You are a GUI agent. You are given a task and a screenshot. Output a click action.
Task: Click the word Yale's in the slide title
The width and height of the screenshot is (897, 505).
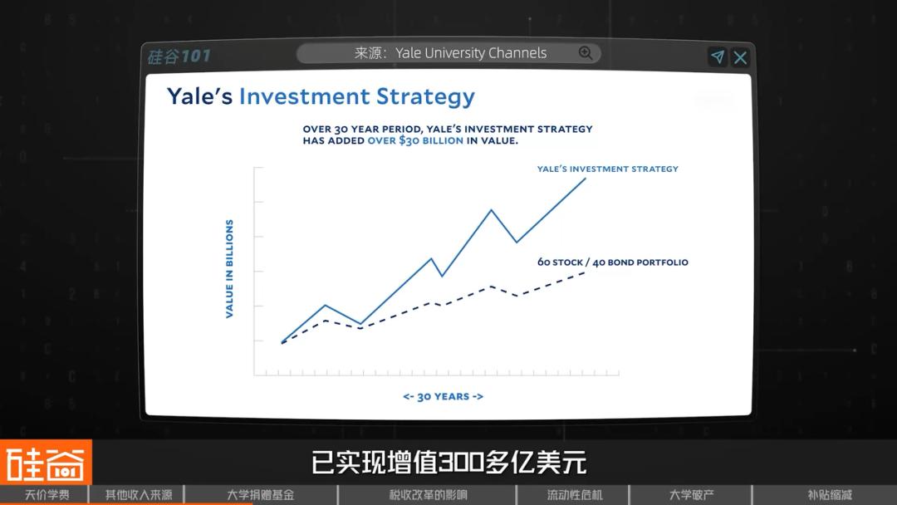[199, 96]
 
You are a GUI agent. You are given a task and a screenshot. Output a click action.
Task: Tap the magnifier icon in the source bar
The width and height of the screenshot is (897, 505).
[586, 53]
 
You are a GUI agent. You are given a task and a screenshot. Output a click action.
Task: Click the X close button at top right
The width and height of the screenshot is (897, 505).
[740, 58]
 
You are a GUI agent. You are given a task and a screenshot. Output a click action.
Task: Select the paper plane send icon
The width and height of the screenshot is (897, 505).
[718, 56]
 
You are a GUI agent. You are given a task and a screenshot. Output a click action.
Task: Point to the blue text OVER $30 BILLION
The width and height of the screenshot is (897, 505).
[415, 140]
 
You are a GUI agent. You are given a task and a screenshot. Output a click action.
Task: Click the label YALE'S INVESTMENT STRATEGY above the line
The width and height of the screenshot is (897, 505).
[607, 169]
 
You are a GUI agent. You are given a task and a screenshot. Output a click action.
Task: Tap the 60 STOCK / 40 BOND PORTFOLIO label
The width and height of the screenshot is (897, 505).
[613, 262]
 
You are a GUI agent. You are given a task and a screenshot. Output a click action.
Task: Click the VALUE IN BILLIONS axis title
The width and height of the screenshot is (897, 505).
[229, 269]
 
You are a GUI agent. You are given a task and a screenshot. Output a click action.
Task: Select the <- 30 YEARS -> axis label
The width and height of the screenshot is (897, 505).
[444, 396]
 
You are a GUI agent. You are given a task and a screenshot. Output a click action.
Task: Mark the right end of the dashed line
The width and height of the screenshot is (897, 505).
[585, 272]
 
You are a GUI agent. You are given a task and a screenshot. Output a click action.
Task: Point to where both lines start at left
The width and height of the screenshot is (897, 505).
[282, 342]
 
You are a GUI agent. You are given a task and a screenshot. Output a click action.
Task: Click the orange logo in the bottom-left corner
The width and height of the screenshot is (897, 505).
[46, 462]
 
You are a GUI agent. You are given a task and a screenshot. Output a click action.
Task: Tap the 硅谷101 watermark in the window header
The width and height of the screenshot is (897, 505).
[179, 56]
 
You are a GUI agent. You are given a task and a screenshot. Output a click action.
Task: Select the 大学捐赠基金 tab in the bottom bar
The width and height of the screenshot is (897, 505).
[260, 495]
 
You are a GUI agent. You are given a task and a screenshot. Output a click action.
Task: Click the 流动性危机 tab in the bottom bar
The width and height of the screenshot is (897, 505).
[575, 495]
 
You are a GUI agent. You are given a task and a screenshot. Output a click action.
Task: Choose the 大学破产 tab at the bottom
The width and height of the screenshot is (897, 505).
[691, 495]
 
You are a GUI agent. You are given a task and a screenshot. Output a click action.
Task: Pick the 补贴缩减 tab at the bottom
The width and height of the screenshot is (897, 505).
[830, 495]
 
